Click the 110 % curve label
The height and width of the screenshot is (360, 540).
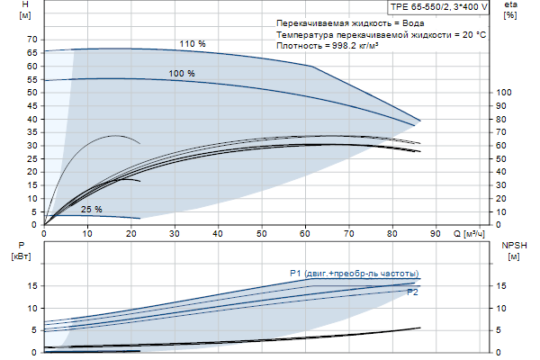(192, 44)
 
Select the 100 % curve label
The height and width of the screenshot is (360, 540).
(181, 73)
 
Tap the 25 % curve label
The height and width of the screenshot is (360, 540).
(91, 210)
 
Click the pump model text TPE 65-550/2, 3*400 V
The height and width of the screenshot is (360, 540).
(440, 6)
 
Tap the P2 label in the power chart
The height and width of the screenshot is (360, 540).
(413, 292)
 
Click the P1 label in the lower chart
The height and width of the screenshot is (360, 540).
(298, 273)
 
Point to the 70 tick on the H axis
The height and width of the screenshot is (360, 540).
(33, 40)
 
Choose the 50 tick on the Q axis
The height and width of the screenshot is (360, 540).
(261, 234)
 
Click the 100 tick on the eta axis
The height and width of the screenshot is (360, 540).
(506, 92)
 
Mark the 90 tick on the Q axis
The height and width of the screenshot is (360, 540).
(435, 234)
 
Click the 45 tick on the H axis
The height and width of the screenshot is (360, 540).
(33, 105)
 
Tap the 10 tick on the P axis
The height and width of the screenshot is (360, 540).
(33, 308)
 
